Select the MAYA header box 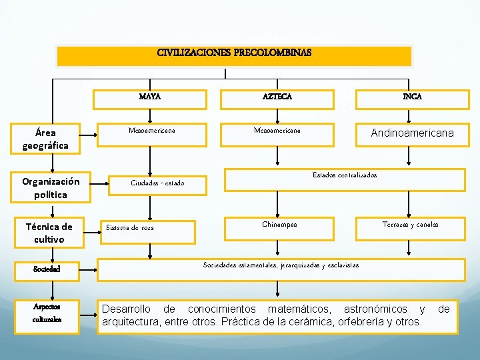click(150, 97)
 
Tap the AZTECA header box click(277, 97)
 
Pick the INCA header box click(411, 97)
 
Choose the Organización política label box click(51, 188)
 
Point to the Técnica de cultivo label click(49, 233)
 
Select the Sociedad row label click(47, 270)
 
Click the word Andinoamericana click(412, 133)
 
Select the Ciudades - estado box click(157, 183)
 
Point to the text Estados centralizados click(345, 175)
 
